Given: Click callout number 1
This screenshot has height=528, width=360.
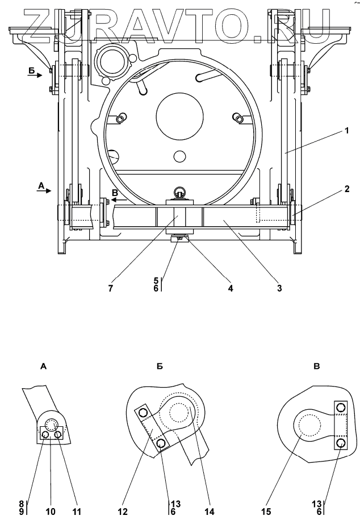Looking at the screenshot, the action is tap(346, 130).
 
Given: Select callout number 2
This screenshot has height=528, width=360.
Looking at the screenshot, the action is tap(346, 189).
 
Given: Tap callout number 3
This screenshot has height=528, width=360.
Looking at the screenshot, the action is tap(279, 288).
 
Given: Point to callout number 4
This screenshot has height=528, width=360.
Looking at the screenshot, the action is tap(231, 288).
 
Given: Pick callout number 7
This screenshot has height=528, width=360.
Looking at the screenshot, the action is tap(111, 288).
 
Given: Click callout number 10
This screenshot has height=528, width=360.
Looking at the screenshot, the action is tap(51, 512).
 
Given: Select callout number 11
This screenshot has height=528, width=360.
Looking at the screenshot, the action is tap(77, 512).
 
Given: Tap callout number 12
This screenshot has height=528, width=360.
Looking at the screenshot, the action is tap(123, 512).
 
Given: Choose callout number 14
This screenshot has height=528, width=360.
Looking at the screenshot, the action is tap(209, 512).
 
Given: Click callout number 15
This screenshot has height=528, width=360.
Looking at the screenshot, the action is tap(266, 512).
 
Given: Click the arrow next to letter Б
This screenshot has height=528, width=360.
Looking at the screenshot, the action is tap(35, 75).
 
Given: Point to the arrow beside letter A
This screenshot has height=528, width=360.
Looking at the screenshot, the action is tap(44, 191).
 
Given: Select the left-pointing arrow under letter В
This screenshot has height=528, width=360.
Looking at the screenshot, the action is tap(119, 199).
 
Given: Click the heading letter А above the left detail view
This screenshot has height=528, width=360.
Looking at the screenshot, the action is tap(43, 367).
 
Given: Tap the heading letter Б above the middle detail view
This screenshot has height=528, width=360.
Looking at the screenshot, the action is tap(160, 367).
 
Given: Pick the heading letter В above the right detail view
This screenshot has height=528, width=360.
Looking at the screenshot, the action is tap(317, 367).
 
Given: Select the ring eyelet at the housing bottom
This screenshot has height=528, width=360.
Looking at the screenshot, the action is tap(179, 193).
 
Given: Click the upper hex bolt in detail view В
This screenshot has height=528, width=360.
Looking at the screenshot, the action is tap(341, 408).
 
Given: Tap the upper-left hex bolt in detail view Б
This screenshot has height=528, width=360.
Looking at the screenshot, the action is tap(143, 413).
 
